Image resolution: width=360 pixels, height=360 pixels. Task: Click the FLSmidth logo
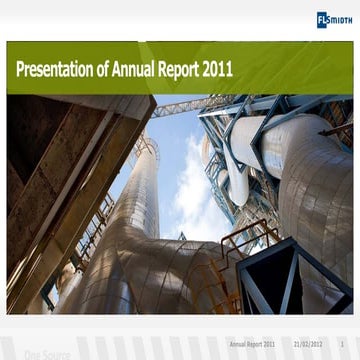point(334,19)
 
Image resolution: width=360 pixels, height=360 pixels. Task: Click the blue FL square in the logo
point(322,19)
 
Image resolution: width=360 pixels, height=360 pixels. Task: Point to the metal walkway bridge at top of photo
point(180,106)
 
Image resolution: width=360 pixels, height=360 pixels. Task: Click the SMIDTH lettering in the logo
point(340,19)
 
